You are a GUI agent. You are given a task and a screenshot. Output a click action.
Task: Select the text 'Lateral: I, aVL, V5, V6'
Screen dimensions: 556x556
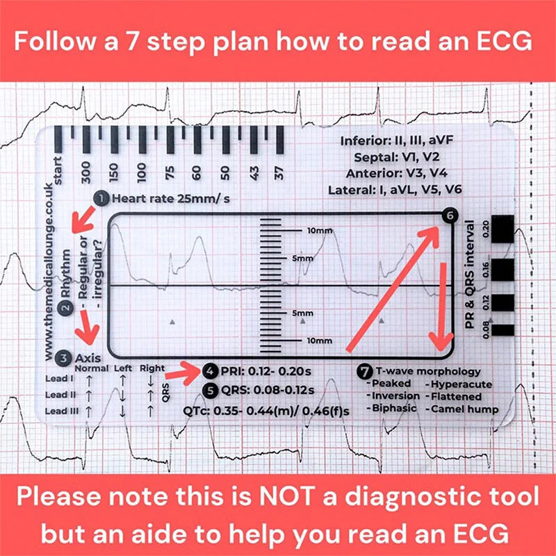point(399,189)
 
